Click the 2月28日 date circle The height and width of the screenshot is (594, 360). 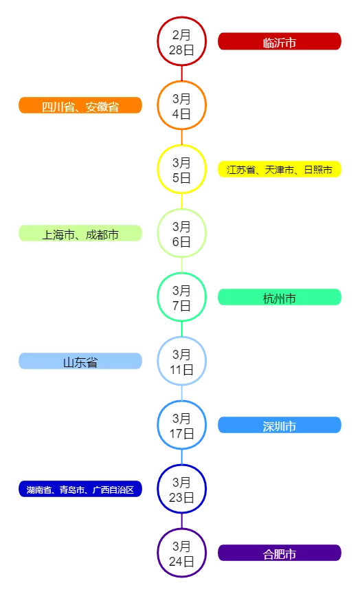coord(181,41)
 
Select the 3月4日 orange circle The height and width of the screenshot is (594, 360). coord(181,105)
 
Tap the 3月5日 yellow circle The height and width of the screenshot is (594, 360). coord(181,169)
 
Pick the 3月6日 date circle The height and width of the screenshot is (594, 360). coord(181,233)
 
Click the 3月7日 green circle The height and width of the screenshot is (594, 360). coord(181,297)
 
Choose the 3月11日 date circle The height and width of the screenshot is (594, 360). coord(181,361)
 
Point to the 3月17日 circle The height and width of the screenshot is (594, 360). coord(181,425)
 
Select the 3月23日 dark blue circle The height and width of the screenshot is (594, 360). coord(181,489)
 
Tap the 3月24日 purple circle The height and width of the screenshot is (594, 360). coord(181,553)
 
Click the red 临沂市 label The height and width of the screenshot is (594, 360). coord(280,41)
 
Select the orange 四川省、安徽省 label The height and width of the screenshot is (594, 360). coord(80,105)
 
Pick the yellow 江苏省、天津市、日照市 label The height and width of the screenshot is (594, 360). coord(280,169)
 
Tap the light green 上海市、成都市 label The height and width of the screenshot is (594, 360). coord(80,233)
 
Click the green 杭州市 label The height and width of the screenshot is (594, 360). coord(280,297)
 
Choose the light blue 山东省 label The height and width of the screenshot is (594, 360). coord(80,361)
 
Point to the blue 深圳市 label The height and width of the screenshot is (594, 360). coord(280,425)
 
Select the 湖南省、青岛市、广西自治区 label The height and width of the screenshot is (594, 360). coord(80,489)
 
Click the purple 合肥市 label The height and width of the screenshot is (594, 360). coord(280,553)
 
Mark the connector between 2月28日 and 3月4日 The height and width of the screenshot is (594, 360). coord(181,73)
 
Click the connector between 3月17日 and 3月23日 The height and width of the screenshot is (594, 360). coord(181,456)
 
